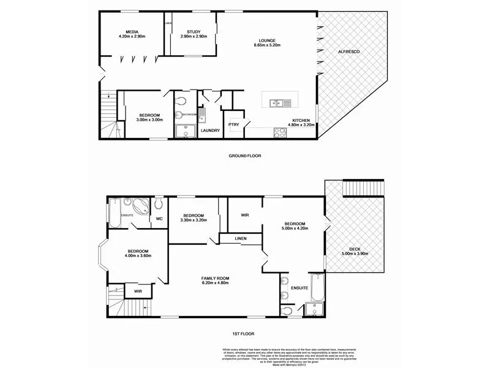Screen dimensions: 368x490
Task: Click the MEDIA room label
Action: point(131,31)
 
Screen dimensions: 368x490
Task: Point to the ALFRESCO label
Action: point(348,52)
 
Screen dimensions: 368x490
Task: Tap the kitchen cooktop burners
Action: point(280,131)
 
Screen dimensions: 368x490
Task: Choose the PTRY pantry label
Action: point(233,125)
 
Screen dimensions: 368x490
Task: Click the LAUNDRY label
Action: point(210,130)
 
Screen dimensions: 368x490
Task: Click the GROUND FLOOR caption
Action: point(244,156)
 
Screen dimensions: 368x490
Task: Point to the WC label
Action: point(158,218)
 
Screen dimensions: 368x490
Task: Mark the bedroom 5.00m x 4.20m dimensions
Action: point(295,228)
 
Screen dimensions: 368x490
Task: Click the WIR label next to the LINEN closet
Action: point(244,215)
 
